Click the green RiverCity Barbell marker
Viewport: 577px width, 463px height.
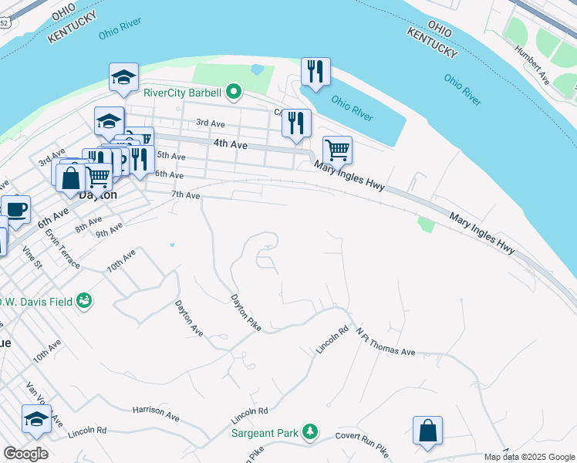click(234, 93)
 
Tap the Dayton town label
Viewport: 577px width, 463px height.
click(98, 195)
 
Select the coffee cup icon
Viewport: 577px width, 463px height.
click(15, 208)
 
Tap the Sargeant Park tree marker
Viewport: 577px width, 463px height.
click(310, 432)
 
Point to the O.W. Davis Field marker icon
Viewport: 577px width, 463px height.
click(83, 301)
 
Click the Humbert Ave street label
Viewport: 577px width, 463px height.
click(533, 68)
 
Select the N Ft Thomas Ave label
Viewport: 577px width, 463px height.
click(385, 341)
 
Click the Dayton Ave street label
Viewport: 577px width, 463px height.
click(189, 318)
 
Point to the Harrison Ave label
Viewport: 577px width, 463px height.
click(156, 414)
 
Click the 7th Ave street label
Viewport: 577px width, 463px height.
click(185, 196)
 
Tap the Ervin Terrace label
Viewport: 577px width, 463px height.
click(62, 248)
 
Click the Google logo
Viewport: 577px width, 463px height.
click(25, 454)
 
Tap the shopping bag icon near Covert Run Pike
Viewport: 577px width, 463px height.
click(427, 431)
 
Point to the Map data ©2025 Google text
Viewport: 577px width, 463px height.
click(528, 458)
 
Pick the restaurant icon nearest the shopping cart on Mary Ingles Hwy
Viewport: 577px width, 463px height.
click(296, 123)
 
